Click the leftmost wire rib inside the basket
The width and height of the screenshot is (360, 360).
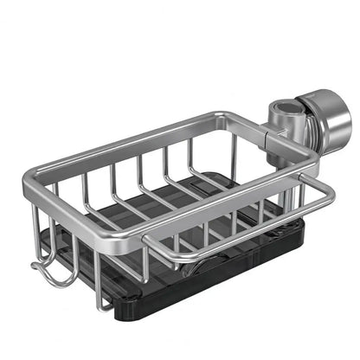(x=87, y=186)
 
